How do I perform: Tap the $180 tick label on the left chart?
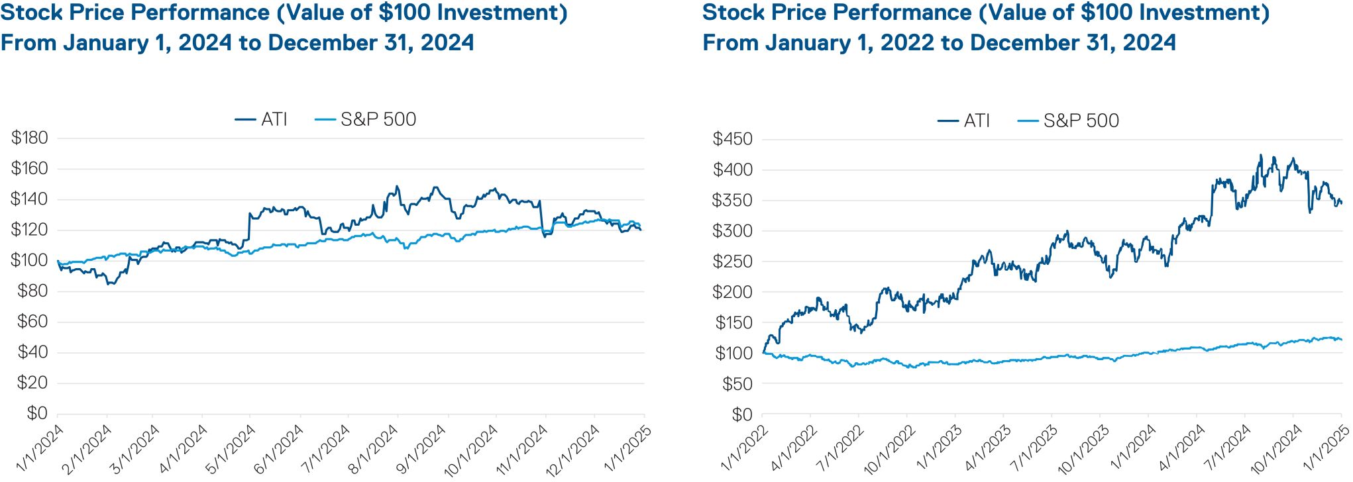tap(30, 138)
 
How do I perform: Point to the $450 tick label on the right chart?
tap(732, 139)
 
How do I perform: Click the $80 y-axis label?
tap(32, 291)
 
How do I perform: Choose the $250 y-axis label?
tap(732, 262)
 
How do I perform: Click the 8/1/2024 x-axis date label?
tap(374, 449)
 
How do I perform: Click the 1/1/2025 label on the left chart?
tap(628, 449)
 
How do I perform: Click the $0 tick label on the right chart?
tap(742, 414)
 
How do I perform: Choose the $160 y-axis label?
tap(30, 168)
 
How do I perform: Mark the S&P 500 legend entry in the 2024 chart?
tap(378, 119)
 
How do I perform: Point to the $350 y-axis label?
tap(732, 200)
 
